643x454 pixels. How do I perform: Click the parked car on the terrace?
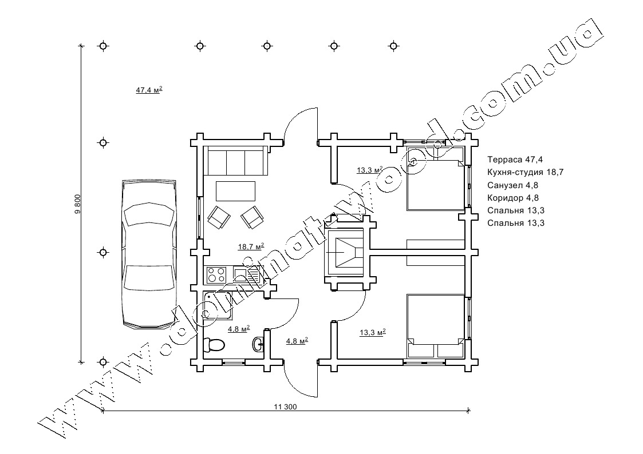149,254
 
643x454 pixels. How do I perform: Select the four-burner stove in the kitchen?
216,274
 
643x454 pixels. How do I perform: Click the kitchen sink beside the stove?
247,274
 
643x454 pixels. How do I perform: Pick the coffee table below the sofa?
235,191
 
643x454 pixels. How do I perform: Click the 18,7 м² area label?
251,246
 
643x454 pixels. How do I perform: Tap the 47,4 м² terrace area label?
149,90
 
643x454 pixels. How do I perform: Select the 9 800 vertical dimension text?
78,204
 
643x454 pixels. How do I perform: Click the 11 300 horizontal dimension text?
285,407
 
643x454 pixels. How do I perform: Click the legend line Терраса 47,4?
515,160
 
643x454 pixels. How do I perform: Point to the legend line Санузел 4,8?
512,185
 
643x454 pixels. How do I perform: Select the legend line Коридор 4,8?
513,198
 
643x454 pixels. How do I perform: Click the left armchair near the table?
219,217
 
